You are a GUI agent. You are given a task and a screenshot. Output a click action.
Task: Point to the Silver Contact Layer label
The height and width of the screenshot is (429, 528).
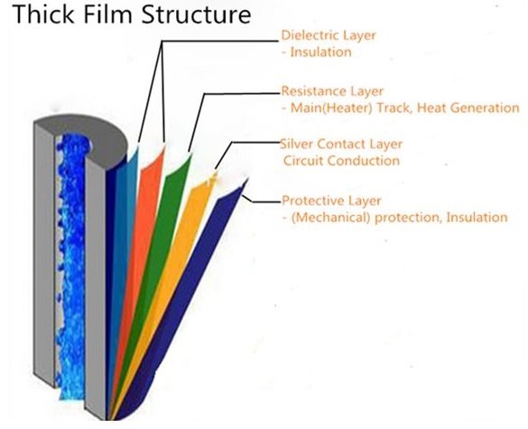pos(342,145)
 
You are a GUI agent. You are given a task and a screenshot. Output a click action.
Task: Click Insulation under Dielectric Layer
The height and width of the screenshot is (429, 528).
pos(320,52)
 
